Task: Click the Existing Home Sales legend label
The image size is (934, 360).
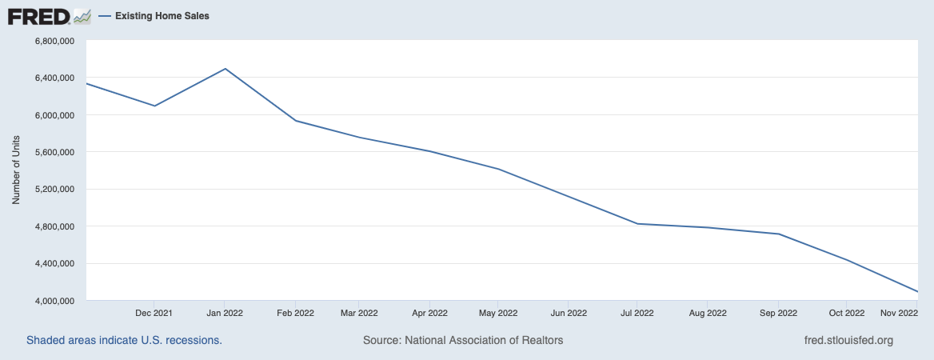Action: (162, 16)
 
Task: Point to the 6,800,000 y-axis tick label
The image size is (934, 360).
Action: (52, 41)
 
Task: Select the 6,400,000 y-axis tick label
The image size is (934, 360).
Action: (52, 78)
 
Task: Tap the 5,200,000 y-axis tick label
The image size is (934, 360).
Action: (52, 190)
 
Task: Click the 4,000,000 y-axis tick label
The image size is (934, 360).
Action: (52, 301)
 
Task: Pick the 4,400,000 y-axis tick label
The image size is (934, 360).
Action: (52, 264)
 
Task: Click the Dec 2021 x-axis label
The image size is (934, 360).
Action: (154, 313)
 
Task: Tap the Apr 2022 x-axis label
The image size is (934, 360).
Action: (430, 313)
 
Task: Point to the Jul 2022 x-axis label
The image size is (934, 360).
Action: (637, 313)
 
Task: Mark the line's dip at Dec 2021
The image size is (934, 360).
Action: (155, 106)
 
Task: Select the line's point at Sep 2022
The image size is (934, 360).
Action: (778, 234)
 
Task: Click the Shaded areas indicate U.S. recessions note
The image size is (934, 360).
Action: (124, 340)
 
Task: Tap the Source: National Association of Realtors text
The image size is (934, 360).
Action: (463, 340)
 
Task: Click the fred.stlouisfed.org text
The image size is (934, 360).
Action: (848, 340)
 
